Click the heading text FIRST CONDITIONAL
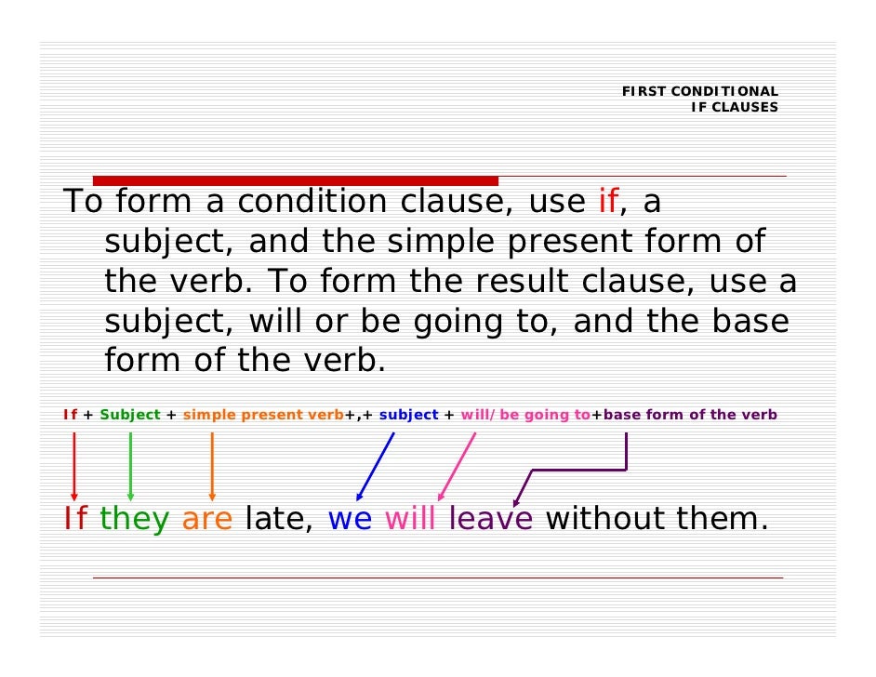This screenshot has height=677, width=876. (x=699, y=91)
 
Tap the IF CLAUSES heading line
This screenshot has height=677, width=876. (x=734, y=107)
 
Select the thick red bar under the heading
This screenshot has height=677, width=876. (x=296, y=180)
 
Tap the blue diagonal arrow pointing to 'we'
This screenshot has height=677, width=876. (x=375, y=468)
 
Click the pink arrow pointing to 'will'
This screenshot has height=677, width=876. (x=456, y=468)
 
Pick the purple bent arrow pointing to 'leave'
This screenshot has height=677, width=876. (x=577, y=470)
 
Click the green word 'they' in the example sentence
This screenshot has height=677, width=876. (x=134, y=520)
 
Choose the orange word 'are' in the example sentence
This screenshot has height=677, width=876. (x=206, y=520)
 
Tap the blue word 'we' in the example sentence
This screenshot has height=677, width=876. (x=350, y=520)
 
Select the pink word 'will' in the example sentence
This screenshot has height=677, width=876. (x=410, y=520)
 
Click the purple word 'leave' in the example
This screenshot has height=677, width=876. (x=491, y=520)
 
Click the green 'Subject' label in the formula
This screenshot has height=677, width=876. (x=129, y=415)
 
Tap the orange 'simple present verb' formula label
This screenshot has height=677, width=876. (x=263, y=415)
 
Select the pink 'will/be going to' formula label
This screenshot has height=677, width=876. (x=525, y=415)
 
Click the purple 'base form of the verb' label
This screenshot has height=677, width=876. (x=690, y=415)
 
